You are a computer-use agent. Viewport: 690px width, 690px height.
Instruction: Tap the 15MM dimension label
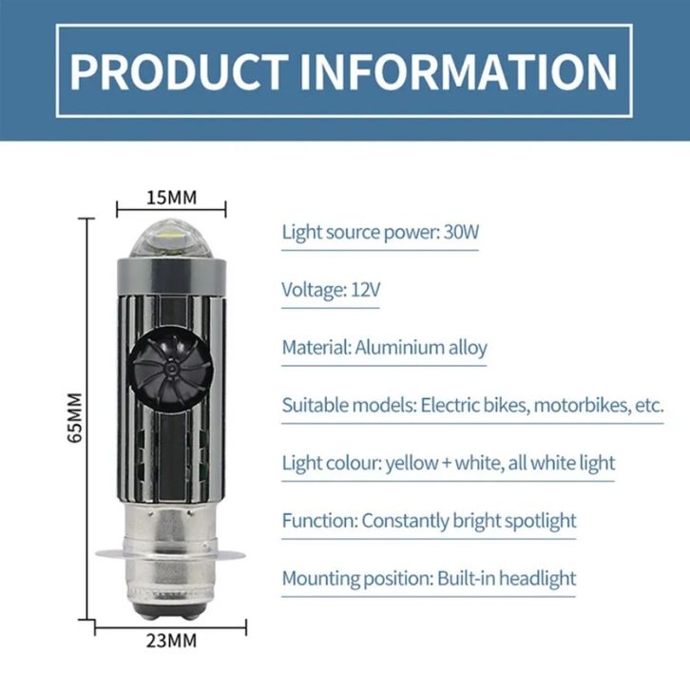point(171,198)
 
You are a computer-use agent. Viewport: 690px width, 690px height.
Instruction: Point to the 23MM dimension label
point(172,642)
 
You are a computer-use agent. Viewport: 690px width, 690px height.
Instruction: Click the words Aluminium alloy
point(421,347)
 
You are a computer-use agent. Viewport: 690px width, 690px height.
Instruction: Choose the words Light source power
point(360,232)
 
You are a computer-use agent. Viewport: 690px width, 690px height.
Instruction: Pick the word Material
point(316,347)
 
